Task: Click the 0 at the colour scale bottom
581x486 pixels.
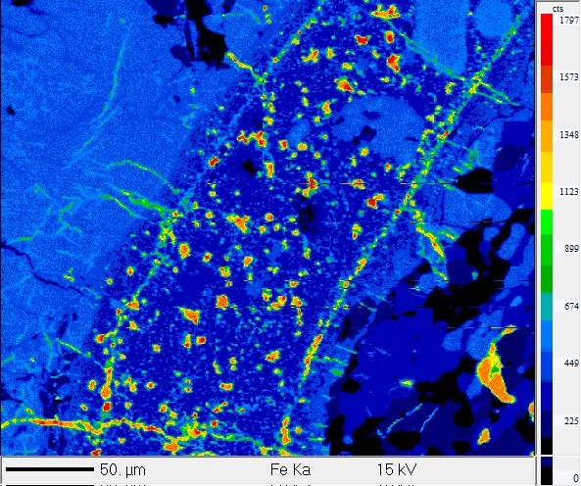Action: (x=573, y=477)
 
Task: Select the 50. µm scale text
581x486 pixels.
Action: (x=121, y=470)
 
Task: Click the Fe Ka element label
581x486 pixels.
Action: (x=292, y=470)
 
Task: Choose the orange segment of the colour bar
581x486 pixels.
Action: (x=547, y=127)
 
